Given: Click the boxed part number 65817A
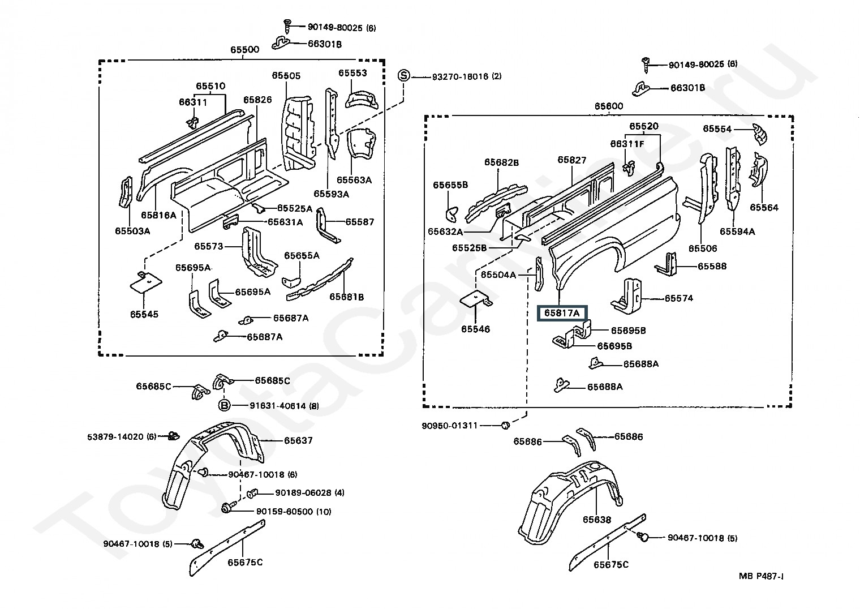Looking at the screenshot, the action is (562, 313).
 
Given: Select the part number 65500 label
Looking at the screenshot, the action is (244, 50).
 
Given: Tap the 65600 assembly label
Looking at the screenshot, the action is (609, 106).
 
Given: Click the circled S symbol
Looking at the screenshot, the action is (403, 76).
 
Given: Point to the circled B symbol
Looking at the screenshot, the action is (224, 405).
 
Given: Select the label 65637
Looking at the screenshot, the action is (298, 440).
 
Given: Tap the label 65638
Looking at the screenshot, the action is (596, 520).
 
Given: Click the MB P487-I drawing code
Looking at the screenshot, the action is (761, 576).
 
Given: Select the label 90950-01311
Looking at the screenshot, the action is (450, 426).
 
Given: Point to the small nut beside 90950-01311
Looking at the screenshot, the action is (506, 425).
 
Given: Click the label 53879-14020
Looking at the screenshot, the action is (115, 436).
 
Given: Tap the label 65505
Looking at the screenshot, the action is (286, 76).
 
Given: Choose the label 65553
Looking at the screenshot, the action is (352, 73).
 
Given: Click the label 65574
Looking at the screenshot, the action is (679, 298).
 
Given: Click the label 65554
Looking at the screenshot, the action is (717, 129).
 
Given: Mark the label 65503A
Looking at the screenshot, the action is (132, 231).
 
